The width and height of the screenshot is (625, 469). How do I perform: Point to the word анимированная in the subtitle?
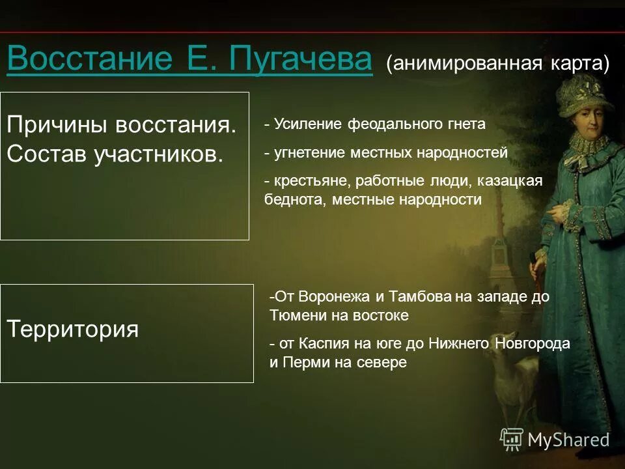464,64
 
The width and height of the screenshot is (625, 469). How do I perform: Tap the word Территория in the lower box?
73,329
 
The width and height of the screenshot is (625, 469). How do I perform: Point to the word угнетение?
310,153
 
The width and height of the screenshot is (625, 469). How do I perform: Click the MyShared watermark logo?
555,440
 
